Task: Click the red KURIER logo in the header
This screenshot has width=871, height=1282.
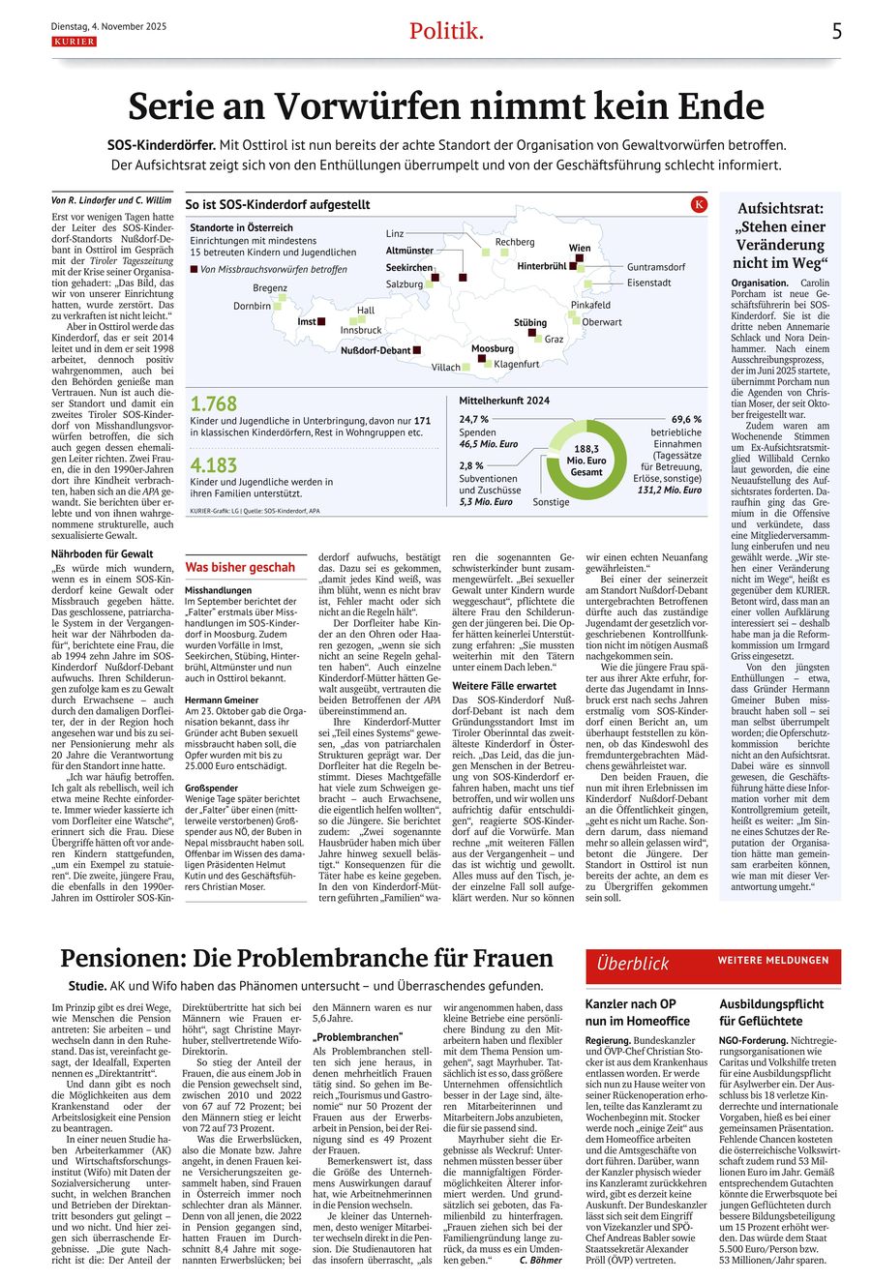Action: click(74, 42)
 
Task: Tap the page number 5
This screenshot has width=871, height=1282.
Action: click(837, 31)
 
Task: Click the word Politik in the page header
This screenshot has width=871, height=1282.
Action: click(445, 31)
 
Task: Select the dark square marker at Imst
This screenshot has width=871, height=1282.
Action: click(321, 321)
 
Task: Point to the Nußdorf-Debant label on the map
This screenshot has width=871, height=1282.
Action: click(375, 350)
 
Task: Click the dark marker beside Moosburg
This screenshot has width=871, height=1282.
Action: click(482, 359)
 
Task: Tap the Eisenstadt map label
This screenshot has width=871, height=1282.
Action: click(648, 283)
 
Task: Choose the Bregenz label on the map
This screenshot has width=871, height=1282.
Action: click(270, 287)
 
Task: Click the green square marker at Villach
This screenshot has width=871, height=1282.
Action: click(466, 367)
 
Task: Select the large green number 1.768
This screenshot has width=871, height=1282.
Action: click(213, 404)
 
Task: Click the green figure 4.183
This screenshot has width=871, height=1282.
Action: click(213, 465)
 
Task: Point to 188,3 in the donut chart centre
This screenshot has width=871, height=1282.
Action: click(586, 449)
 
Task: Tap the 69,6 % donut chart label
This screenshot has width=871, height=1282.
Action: click(685, 419)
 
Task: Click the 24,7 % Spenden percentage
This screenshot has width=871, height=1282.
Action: click(474, 419)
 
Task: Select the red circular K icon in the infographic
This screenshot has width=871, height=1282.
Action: click(700, 204)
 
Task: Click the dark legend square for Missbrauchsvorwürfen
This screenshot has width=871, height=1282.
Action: click(194, 269)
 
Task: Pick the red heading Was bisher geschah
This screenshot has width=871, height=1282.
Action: click(240, 567)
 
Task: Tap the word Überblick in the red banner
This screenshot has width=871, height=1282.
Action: click(633, 963)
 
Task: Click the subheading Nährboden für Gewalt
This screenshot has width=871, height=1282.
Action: click(102, 553)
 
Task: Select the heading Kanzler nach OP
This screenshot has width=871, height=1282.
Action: click(630, 1003)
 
